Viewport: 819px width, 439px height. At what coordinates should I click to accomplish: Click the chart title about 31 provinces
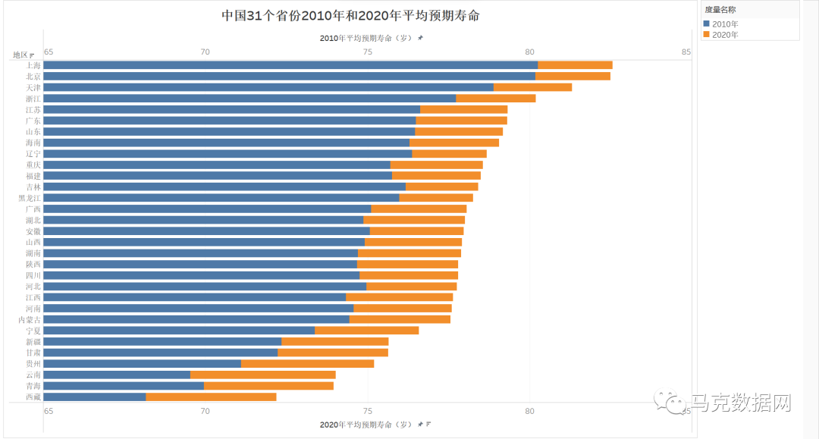[x=350, y=16]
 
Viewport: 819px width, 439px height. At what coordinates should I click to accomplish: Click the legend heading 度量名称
[x=720, y=10]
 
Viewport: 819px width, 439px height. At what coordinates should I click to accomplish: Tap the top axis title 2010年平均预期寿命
[x=367, y=38]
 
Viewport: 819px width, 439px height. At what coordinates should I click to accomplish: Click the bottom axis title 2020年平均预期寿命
[x=367, y=424]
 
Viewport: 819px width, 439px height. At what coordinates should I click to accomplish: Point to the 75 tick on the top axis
[x=367, y=52]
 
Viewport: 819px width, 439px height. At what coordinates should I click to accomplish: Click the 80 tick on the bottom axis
[x=529, y=412]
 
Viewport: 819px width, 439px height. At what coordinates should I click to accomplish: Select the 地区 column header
[x=20, y=55]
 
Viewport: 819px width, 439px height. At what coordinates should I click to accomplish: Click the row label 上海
[x=33, y=65]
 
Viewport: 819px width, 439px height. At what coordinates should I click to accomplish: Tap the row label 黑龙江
[x=30, y=198]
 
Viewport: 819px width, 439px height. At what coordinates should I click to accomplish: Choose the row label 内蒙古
[x=30, y=320]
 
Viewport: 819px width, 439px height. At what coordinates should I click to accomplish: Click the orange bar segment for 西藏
[x=211, y=397]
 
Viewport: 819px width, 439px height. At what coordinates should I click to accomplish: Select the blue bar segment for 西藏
[x=95, y=397]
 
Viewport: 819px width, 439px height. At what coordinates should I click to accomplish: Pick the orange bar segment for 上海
[x=575, y=65]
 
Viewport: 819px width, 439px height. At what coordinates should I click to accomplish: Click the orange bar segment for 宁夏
[x=366, y=331]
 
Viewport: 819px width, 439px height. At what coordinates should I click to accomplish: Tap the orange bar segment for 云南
[x=262, y=375]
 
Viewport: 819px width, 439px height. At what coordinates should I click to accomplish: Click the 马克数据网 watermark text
[x=739, y=403]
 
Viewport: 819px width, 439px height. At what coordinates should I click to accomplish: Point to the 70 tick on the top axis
[x=204, y=52]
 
